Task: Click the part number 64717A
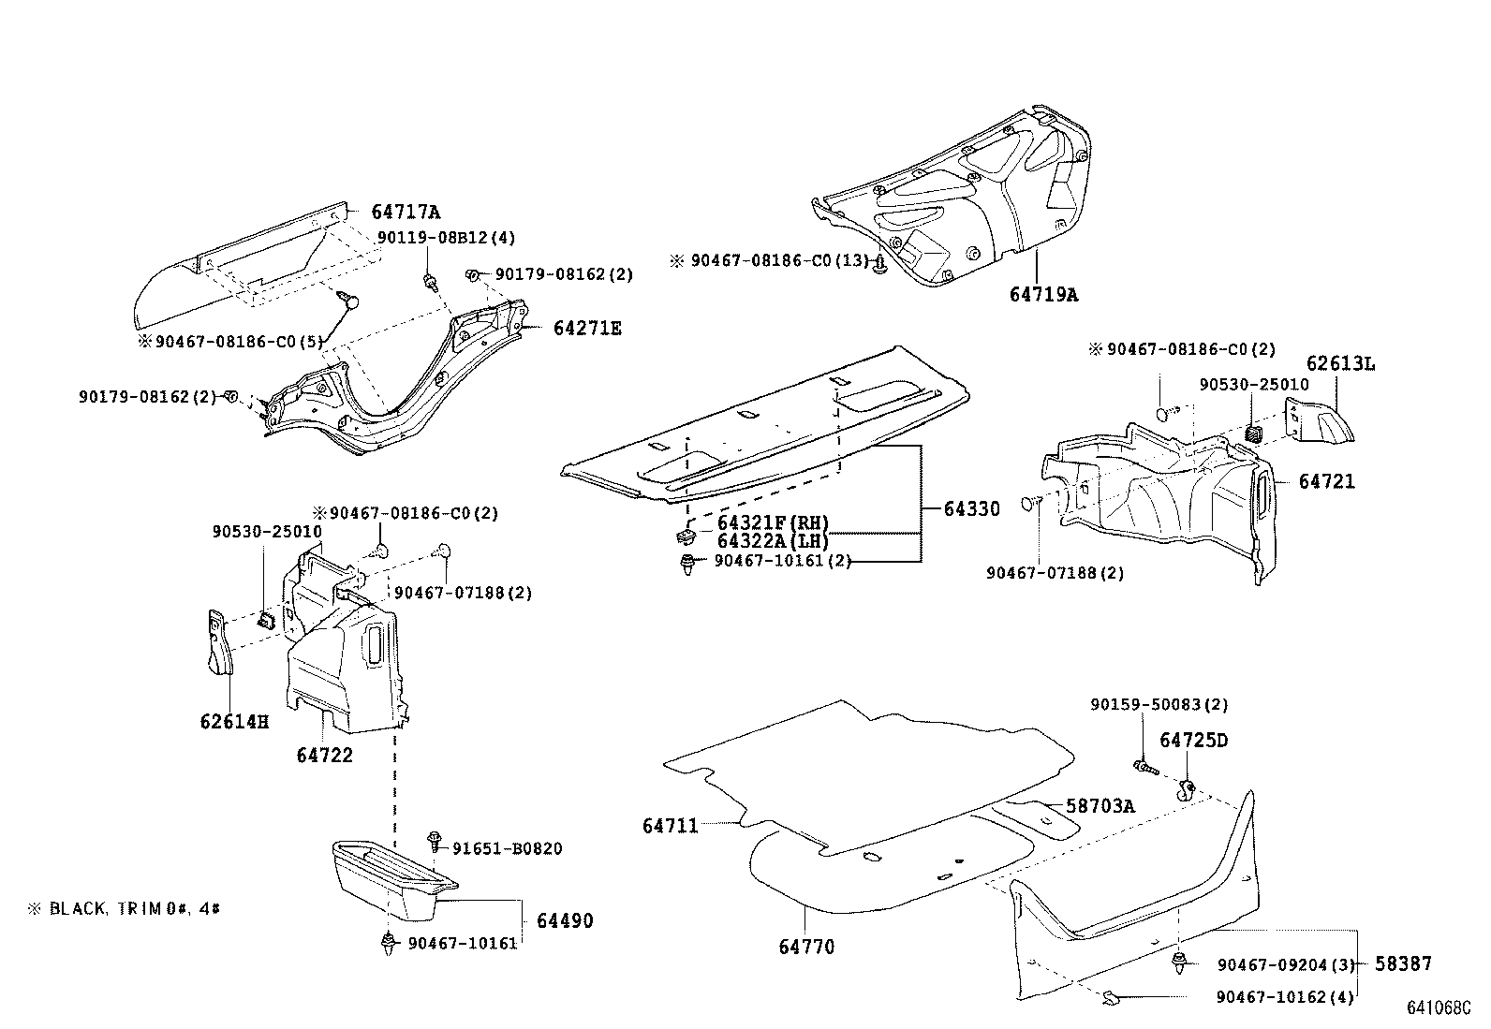click(406, 213)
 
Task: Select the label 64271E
click(586, 329)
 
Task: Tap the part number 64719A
click(1043, 295)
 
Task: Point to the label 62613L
click(1340, 364)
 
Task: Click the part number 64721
click(1326, 481)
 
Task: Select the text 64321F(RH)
click(773, 522)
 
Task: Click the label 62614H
click(234, 722)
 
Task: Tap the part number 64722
click(324, 755)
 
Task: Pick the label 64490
click(565, 921)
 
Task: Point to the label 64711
click(671, 826)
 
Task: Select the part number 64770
click(806, 947)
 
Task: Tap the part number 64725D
click(1193, 741)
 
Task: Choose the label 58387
click(1402, 963)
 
